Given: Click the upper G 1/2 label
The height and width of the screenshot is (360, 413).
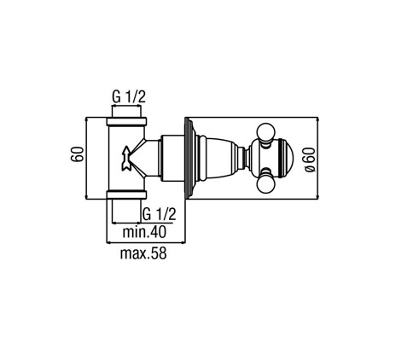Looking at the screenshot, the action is (129, 97).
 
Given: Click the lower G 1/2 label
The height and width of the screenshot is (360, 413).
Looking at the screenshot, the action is (159, 214).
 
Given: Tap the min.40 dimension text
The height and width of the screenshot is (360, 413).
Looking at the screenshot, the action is (144, 232).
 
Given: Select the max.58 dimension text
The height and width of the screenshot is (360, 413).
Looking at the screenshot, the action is (143, 253).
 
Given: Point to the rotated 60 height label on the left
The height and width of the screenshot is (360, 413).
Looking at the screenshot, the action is (78, 154).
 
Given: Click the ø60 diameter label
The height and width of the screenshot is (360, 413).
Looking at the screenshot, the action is (310, 160).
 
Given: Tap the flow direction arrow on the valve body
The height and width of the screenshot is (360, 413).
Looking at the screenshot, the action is (126, 159).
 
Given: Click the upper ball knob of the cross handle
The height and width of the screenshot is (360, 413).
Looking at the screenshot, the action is (266, 132).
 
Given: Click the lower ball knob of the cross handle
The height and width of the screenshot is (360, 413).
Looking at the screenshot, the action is (266, 183).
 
